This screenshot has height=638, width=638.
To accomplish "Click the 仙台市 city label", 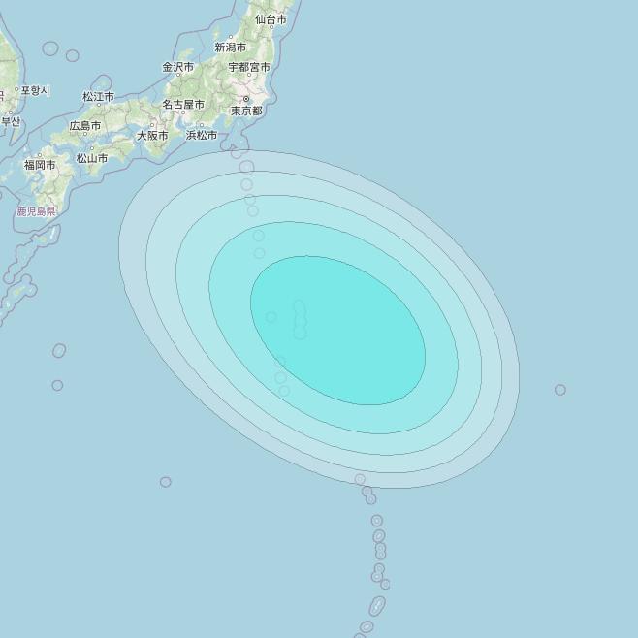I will pyautogui.click(x=271, y=19).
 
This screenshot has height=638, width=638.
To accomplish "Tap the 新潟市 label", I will pyautogui.click(x=231, y=47).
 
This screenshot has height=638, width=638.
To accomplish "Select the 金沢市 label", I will pyautogui.click(x=177, y=67).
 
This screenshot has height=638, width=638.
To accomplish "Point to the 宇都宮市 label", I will pyautogui.click(x=249, y=67).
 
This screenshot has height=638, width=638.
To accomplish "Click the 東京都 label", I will pyautogui.click(x=246, y=111).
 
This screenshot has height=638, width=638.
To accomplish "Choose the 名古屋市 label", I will pyautogui.click(x=183, y=104).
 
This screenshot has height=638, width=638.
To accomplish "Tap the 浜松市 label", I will pyautogui.click(x=202, y=136).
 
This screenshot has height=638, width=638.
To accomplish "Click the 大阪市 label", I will pyautogui.click(x=152, y=136).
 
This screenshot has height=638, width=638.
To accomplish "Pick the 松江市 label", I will pyautogui.click(x=98, y=97).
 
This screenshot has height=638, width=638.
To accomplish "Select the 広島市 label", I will pyautogui.click(x=85, y=126).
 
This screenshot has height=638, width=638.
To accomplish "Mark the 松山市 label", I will pyautogui.click(x=92, y=158).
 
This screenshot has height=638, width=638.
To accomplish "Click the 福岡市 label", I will pyautogui.click(x=40, y=165).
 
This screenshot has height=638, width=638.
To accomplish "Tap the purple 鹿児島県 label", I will pyautogui.click(x=36, y=210).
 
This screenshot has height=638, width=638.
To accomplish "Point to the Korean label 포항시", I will pyautogui.click(x=34, y=90).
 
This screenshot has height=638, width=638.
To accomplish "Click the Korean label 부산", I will pyautogui.click(x=11, y=121).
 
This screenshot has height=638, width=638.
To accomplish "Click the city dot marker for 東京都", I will pyautogui.click(x=246, y=99).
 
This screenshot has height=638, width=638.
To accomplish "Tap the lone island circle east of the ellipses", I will pyautogui.click(x=560, y=390).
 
